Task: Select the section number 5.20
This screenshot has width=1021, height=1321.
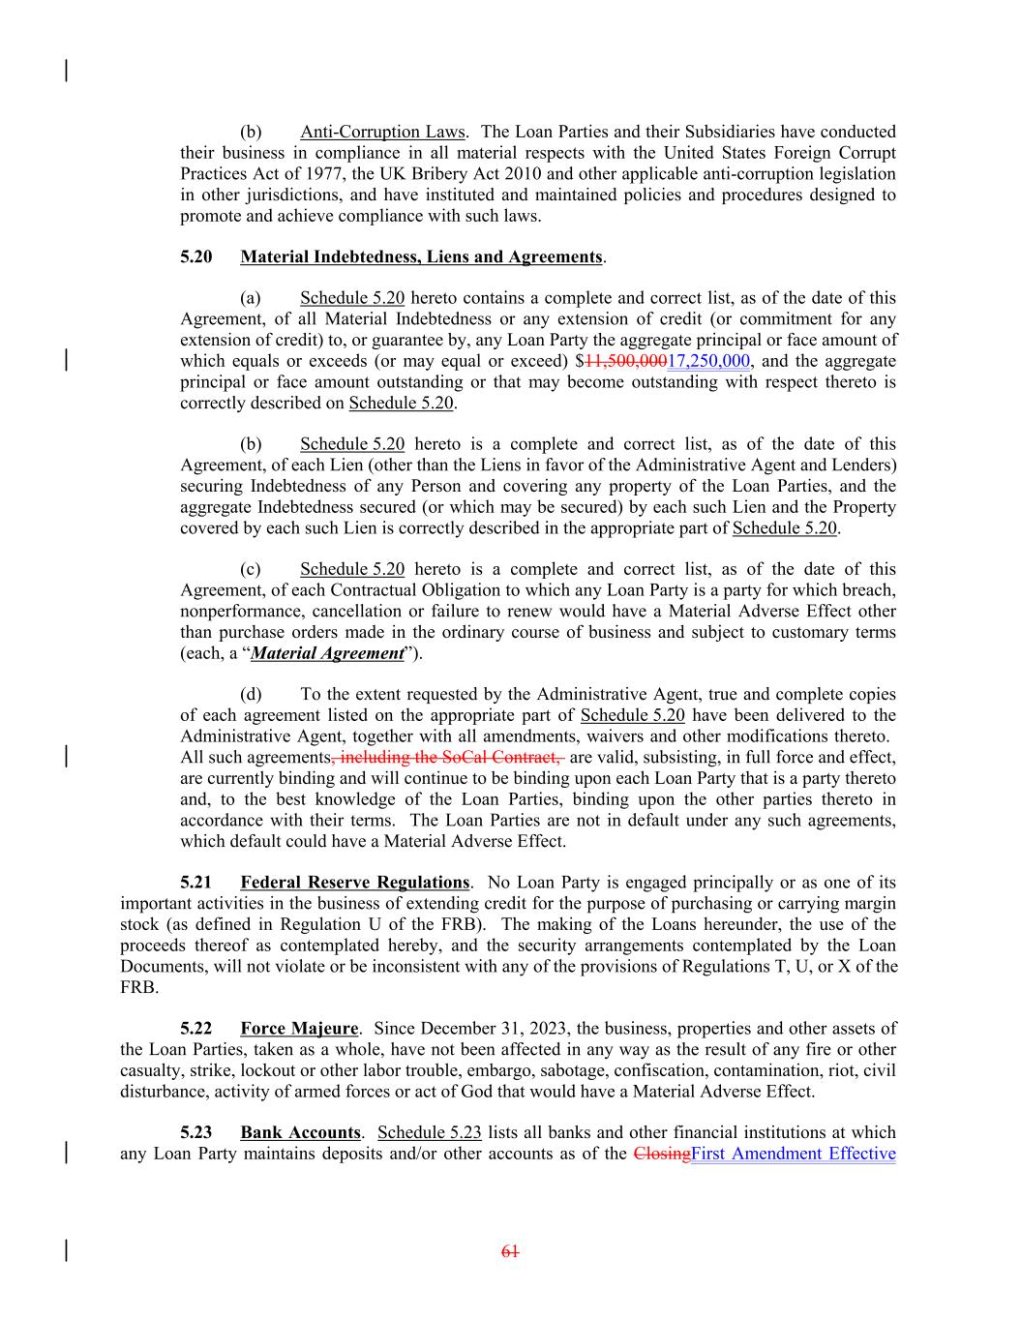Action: click(x=196, y=256)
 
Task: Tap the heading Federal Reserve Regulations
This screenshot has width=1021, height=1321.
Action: click(x=354, y=882)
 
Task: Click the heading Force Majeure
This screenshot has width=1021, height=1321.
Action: click(x=299, y=1028)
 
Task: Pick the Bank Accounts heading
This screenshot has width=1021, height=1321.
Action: click(x=300, y=1132)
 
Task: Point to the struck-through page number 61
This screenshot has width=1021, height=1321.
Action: click(x=510, y=1251)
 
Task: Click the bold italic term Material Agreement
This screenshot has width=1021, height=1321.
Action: click(x=327, y=653)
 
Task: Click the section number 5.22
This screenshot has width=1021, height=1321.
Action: click(x=196, y=1028)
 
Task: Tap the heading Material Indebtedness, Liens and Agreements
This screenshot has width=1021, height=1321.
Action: click(x=421, y=256)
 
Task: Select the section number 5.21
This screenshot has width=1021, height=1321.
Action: click(x=196, y=882)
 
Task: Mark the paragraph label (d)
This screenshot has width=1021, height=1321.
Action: click(x=251, y=694)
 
